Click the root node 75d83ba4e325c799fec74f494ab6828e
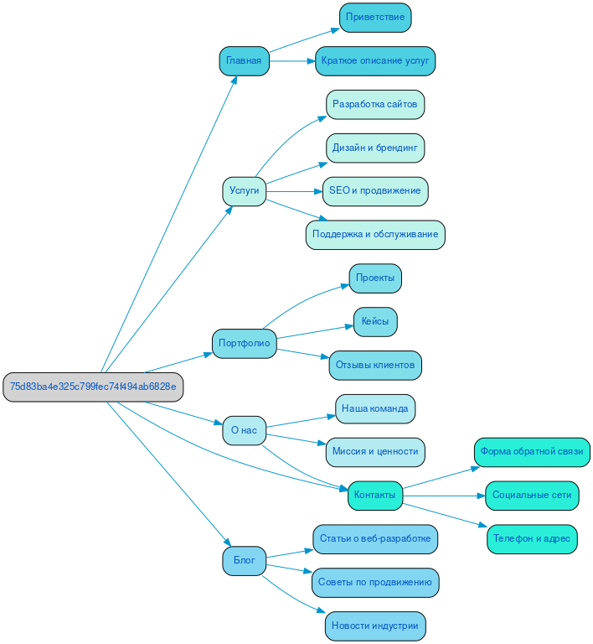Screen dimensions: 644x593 [93, 387]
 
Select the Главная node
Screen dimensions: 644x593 [244, 60]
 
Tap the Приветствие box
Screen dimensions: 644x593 [375, 17]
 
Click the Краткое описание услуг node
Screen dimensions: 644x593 [375, 60]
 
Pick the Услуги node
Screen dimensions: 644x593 [244, 190]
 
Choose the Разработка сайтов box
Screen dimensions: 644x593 [375, 104]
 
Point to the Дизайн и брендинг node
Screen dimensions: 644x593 [375, 148]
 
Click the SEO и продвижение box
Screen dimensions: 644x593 [375, 190]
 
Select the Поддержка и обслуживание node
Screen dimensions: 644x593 [375, 234]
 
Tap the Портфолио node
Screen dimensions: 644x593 [244, 343]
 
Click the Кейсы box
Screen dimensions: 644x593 [375, 321]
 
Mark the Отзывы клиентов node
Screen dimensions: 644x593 [375, 365]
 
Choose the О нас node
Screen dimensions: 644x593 [244, 430]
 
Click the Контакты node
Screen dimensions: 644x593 [375, 495]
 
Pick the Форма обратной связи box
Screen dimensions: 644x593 [532, 451]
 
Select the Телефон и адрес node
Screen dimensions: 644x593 [532, 538]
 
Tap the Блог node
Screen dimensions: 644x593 [244, 560]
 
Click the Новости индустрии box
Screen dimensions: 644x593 [375, 626]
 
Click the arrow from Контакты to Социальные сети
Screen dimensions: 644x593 [444, 496]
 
